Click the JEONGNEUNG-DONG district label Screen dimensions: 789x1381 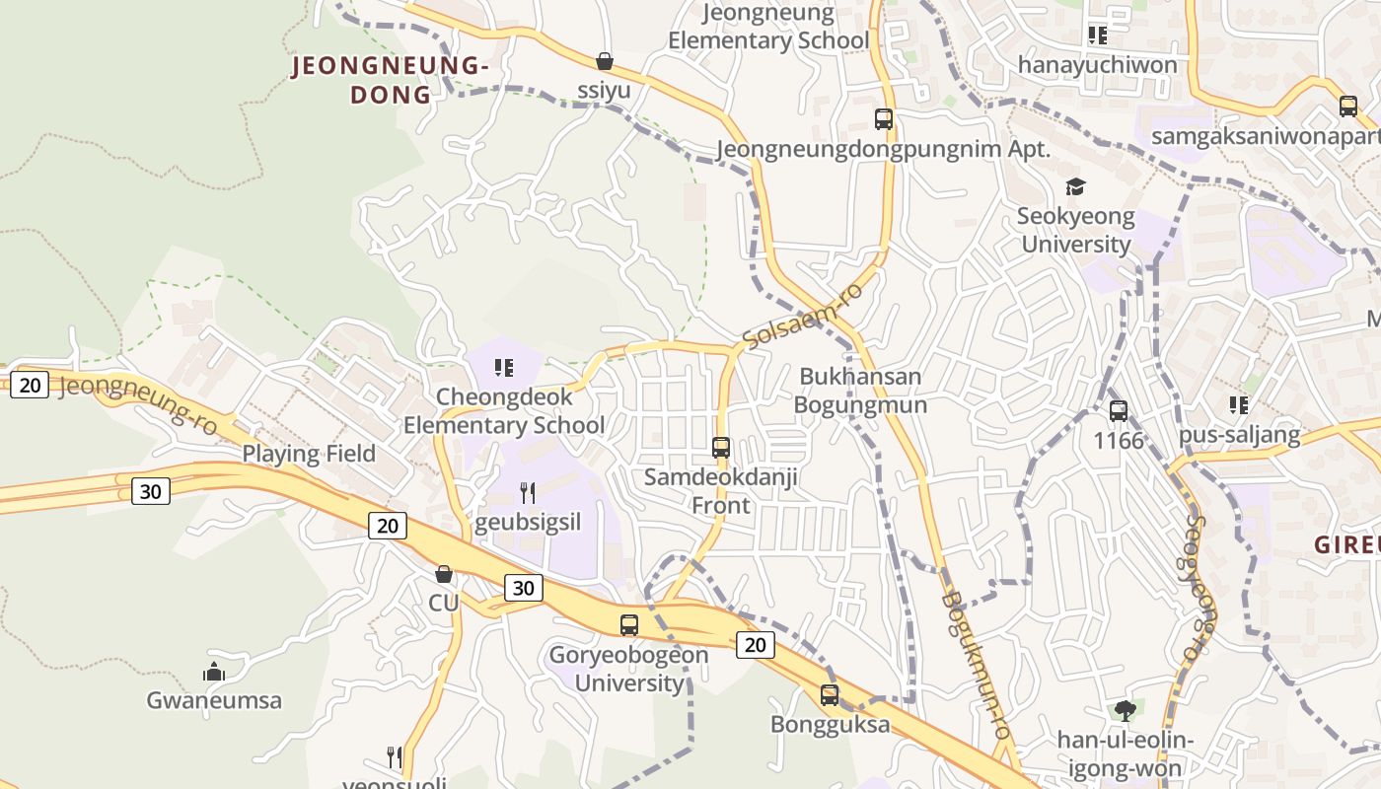click(391, 80)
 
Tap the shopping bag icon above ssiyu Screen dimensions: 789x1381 click(605, 61)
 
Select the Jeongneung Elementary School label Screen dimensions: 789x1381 click(768, 27)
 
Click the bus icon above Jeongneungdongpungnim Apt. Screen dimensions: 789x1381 click(884, 119)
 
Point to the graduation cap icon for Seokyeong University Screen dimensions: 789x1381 click(1075, 186)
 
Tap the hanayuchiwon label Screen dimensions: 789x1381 click(1097, 65)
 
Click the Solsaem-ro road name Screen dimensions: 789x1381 click(803, 315)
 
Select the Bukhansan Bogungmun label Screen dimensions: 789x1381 click(859, 391)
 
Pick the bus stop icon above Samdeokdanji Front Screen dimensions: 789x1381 click(721, 447)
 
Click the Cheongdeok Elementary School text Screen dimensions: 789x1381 click(504, 411)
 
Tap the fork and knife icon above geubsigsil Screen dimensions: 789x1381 click(528, 492)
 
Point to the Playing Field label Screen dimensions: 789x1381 click(309, 454)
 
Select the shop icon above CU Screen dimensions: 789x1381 click(444, 574)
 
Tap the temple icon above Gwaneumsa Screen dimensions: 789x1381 click(214, 673)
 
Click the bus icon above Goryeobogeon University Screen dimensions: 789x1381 click(629, 624)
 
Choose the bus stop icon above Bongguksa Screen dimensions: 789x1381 click(830, 694)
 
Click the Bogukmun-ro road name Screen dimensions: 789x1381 click(976, 665)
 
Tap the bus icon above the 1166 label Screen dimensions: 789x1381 click(1119, 410)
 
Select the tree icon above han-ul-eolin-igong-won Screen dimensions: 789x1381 click(1125, 710)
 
